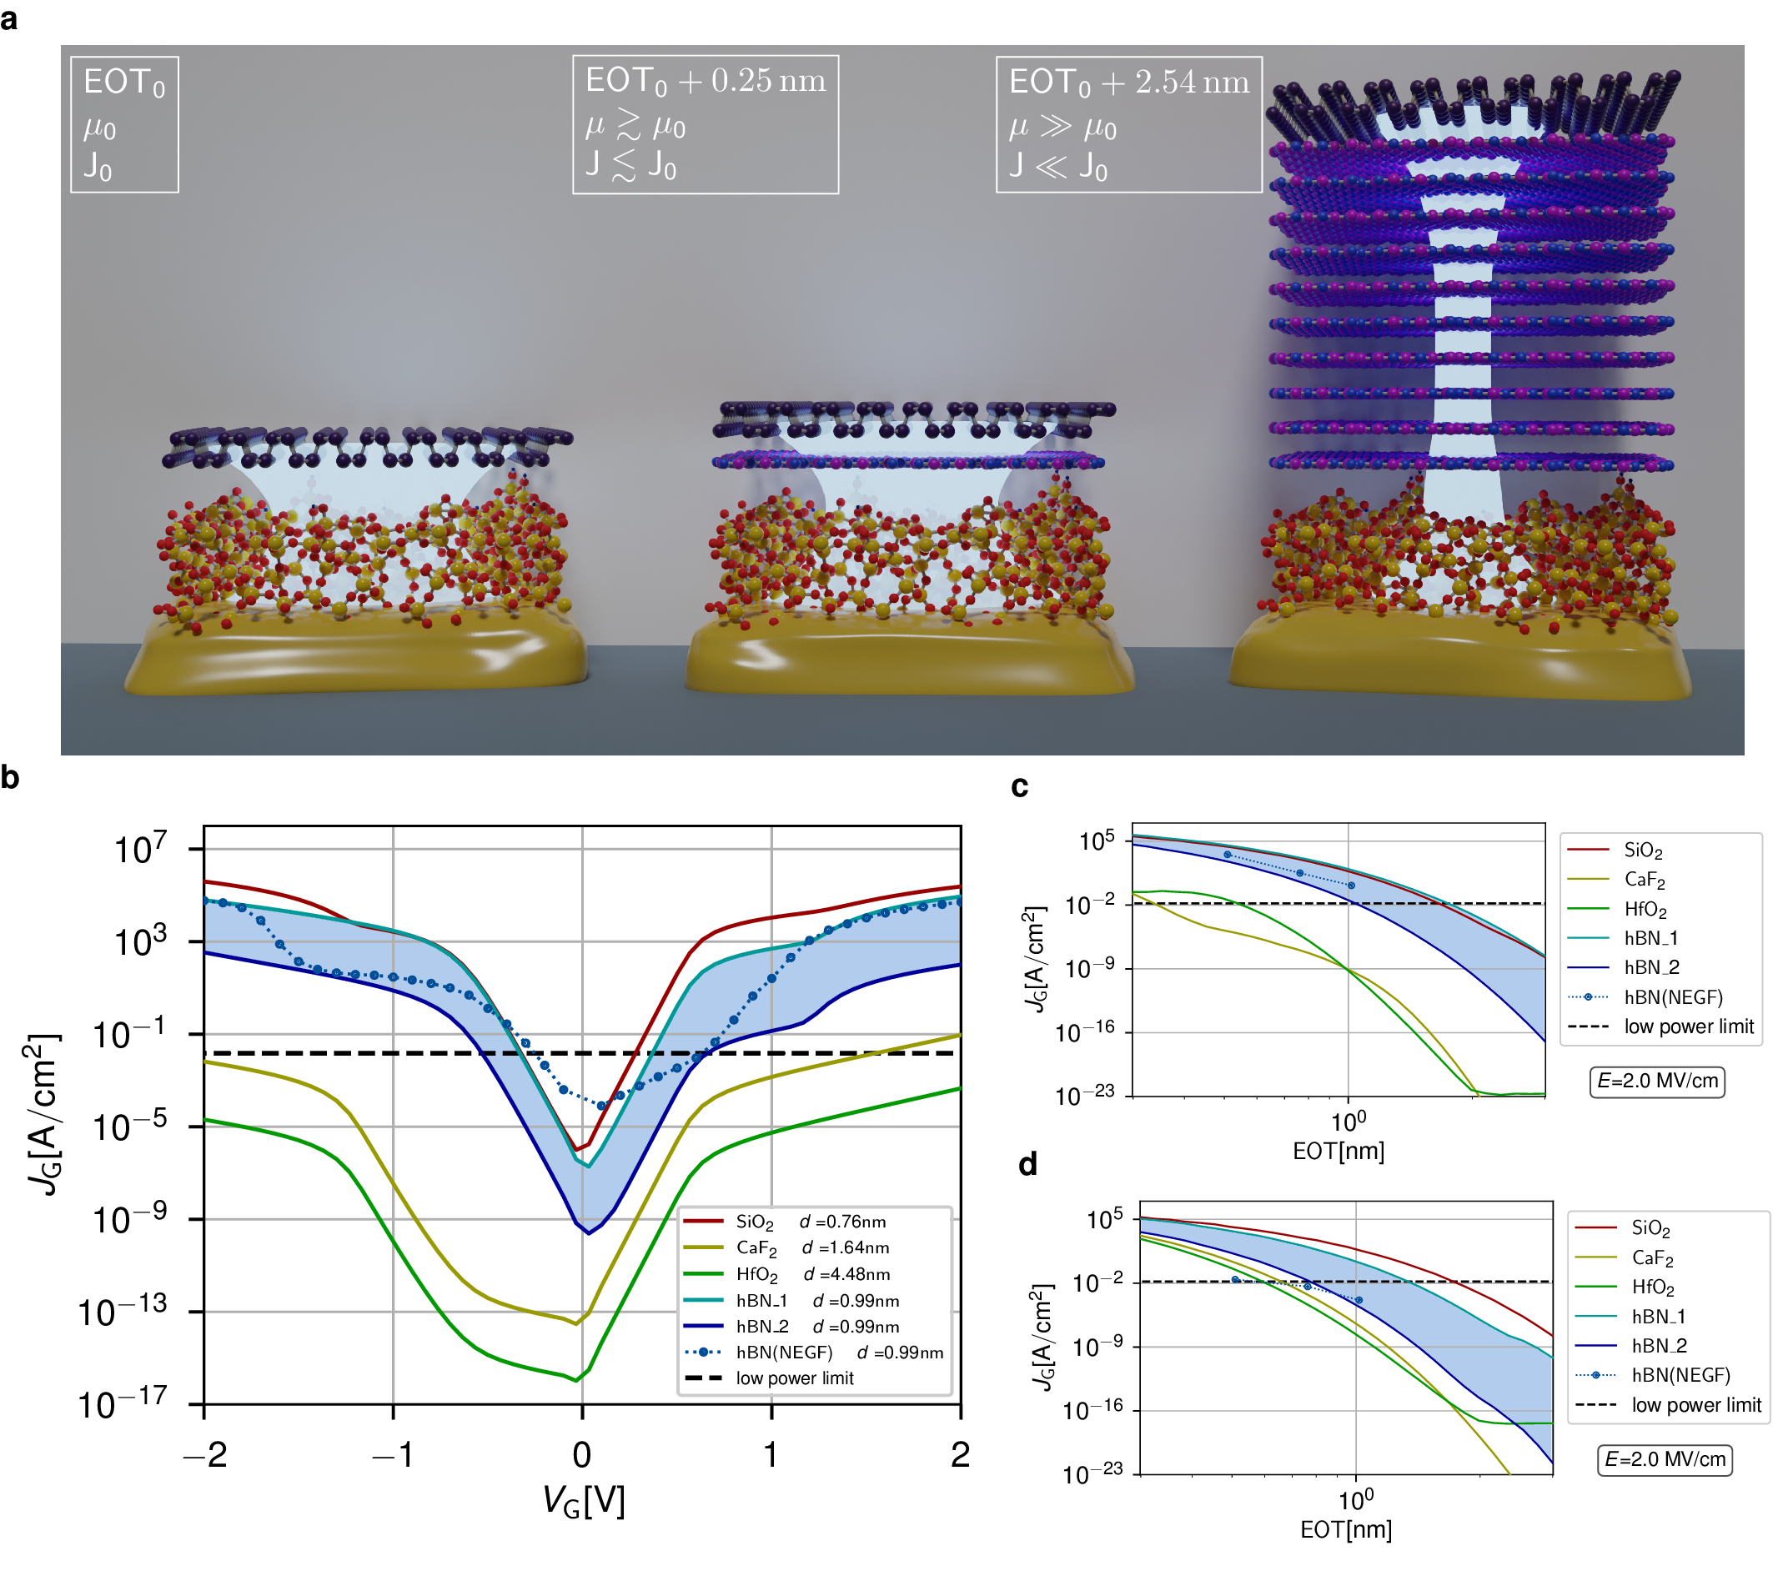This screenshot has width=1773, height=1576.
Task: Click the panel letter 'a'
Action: (9, 19)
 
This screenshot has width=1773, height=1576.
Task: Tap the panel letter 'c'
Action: (1020, 786)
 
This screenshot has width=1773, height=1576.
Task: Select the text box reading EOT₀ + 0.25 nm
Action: (706, 124)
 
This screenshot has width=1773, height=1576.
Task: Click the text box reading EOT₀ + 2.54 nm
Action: (1128, 124)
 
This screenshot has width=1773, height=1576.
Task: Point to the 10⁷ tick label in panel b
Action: (140, 849)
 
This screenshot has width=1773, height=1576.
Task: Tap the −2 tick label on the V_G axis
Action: (206, 1454)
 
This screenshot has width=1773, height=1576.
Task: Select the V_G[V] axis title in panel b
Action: (583, 1501)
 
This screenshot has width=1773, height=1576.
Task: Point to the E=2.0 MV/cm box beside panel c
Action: (1657, 1081)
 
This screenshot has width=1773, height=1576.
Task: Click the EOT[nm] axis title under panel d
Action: (1346, 1530)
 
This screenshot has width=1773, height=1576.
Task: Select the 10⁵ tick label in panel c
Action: (1097, 841)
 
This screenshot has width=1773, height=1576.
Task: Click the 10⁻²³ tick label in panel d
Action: (1092, 1473)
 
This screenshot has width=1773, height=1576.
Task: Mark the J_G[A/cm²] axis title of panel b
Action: (43, 1115)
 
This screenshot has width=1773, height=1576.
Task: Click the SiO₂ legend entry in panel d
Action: (1650, 1228)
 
